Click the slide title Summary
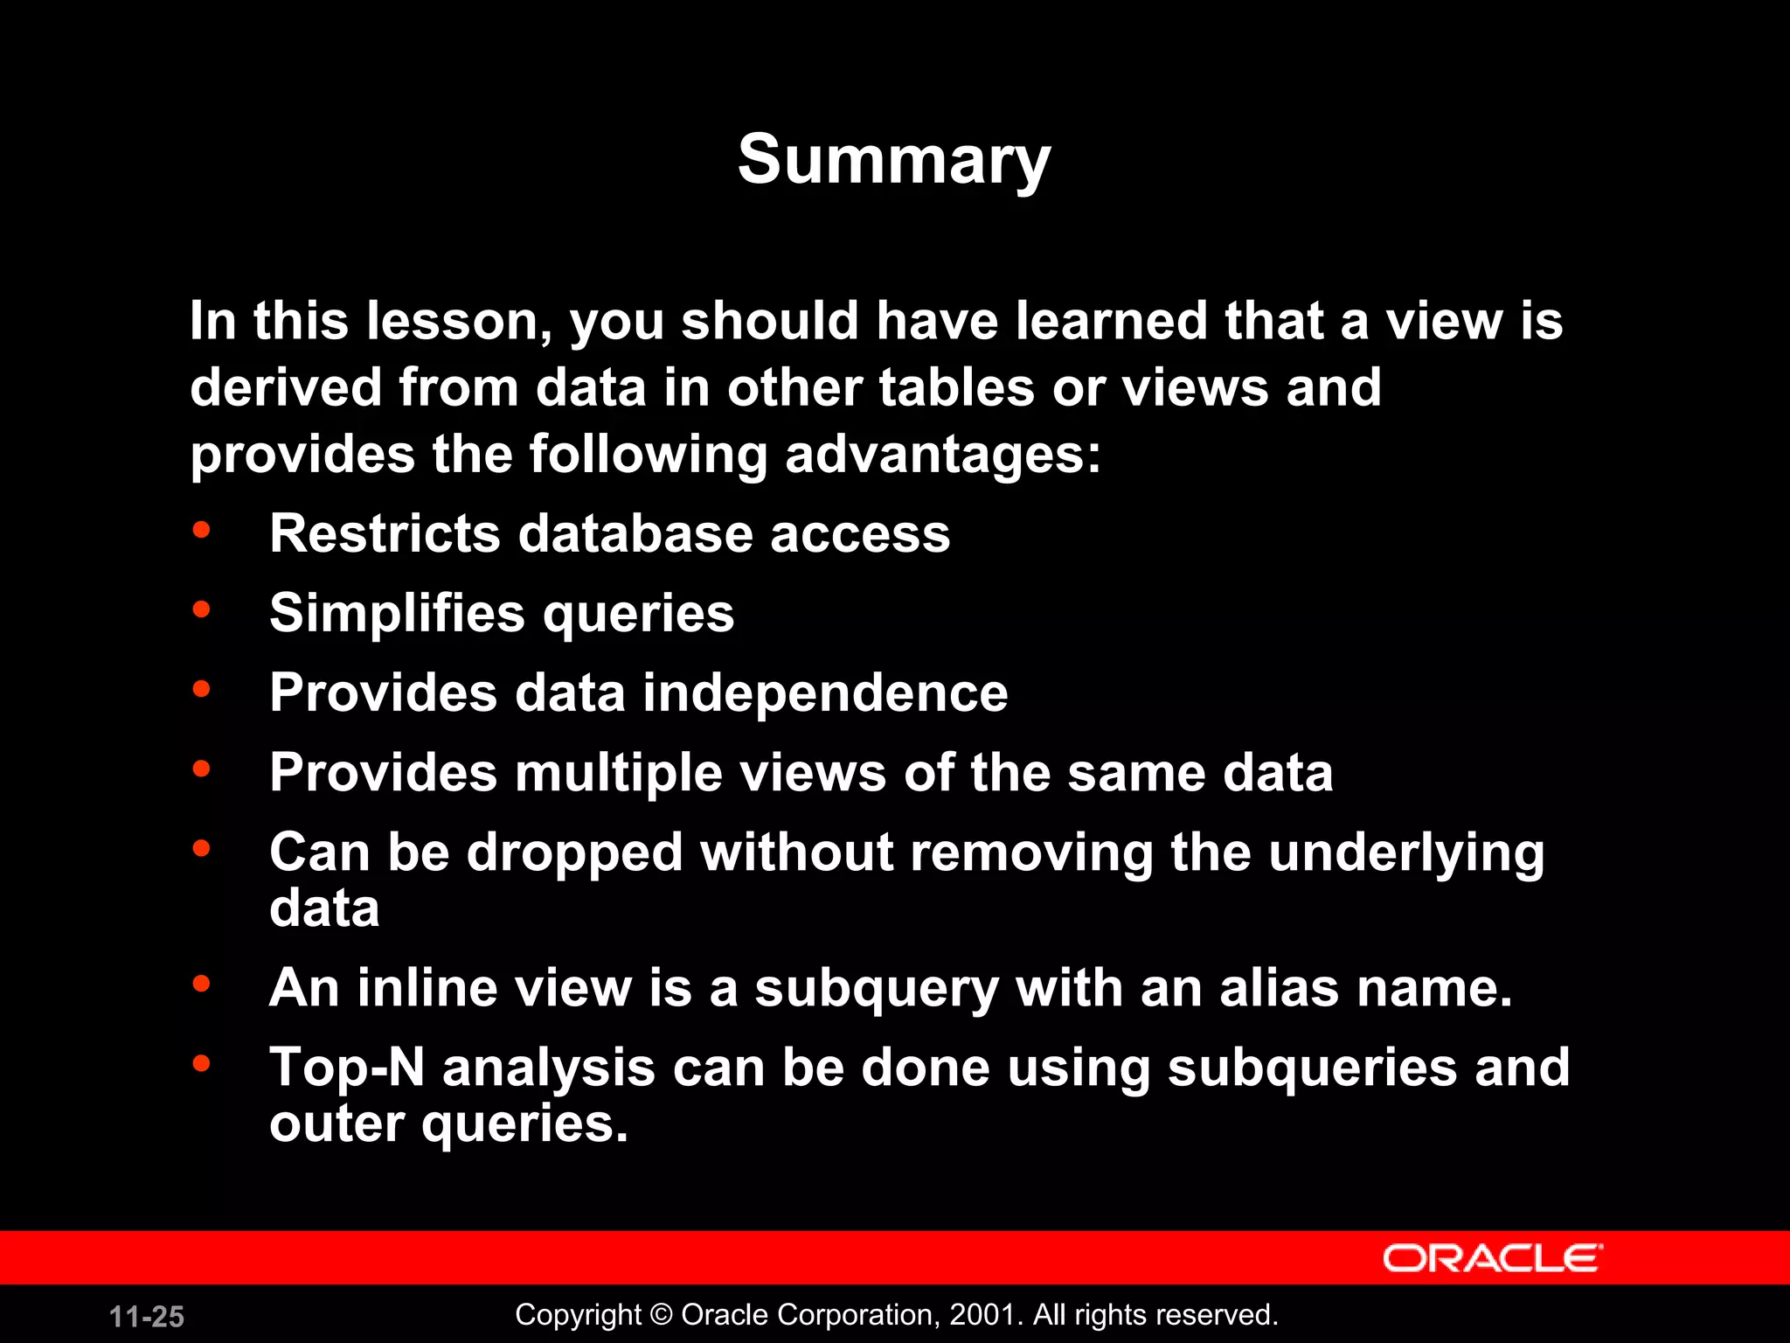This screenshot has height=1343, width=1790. coord(893,161)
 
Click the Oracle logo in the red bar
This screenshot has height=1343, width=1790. coord(1492,1258)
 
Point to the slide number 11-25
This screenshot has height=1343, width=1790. coord(147,1317)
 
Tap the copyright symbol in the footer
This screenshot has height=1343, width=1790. coord(662,1315)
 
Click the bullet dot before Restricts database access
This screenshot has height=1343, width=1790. coord(202,530)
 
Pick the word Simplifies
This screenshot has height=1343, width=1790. coord(398,613)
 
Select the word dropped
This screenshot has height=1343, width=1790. coord(574,852)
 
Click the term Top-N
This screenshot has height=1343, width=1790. coord(347,1068)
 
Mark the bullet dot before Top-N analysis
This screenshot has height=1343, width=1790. coord(202,1063)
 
